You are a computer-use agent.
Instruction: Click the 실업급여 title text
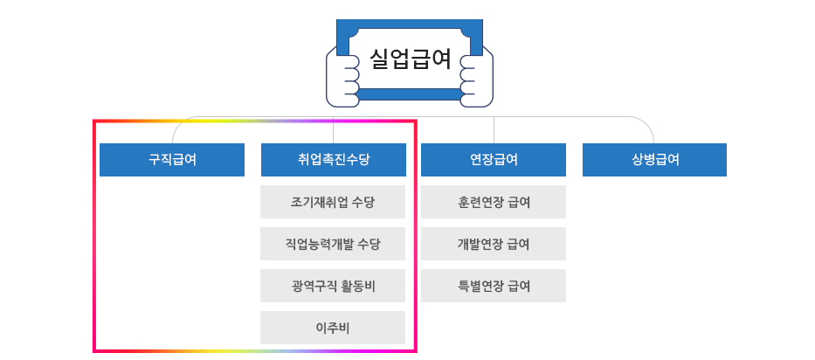pos(410,59)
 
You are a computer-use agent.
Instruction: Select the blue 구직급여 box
pos(172,160)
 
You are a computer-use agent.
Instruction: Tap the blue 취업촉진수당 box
pos(333,160)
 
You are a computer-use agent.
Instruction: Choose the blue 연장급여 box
pos(494,160)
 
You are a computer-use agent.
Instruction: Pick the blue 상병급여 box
pos(654,160)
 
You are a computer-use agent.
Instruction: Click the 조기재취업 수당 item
pos(333,202)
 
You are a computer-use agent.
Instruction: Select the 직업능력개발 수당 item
pos(333,244)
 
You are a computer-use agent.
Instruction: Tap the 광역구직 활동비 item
pos(333,286)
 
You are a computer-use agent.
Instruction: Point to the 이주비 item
pos(333,328)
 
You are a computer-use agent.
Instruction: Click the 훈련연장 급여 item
pos(494,202)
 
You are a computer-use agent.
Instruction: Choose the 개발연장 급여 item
pos(494,244)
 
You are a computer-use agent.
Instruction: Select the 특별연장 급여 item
pos(494,286)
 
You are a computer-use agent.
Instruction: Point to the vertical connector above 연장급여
pos(494,130)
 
